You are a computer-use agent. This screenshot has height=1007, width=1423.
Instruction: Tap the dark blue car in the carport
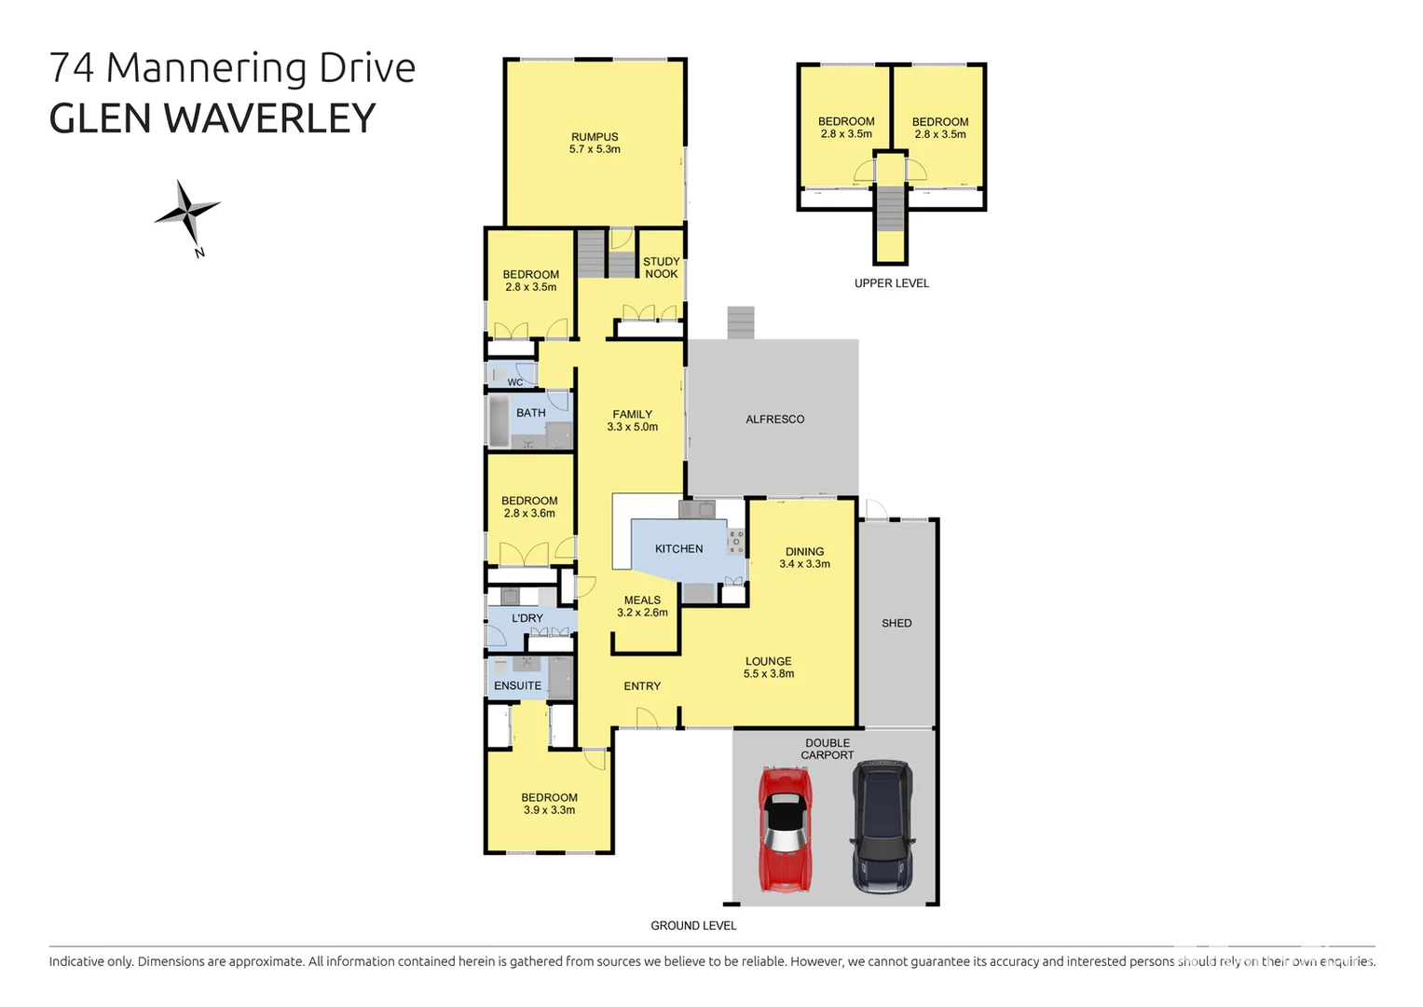(x=882, y=826)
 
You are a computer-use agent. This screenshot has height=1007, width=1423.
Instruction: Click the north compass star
(x=187, y=213)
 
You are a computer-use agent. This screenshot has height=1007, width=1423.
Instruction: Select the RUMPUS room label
(x=595, y=143)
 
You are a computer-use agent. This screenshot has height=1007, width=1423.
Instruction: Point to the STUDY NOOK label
(x=661, y=268)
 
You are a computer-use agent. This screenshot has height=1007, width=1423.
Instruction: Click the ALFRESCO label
(x=774, y=420)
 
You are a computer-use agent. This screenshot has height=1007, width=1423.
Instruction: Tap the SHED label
(x=896, y=623)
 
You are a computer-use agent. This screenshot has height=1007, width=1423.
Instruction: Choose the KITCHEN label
(x=678, y=549)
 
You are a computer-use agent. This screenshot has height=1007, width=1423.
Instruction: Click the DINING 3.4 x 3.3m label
(x=804, y=558)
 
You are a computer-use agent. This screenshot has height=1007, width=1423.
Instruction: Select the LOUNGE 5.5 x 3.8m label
(x=768, y=667)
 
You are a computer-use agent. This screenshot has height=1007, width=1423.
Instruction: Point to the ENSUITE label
(x=517, y=685)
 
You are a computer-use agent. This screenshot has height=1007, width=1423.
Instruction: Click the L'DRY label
(x=527, y=618)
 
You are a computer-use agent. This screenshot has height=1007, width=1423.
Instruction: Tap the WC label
(x=514, y=382)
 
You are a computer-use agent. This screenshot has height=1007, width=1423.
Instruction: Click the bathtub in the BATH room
(x=498, y=421)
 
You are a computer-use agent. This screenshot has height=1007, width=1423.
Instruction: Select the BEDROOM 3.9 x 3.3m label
(x=549, y=804)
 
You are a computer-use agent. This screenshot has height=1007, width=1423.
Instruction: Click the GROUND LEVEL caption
(x=693, y=926)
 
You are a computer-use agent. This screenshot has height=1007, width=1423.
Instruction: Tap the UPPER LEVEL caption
(x=891, y=283)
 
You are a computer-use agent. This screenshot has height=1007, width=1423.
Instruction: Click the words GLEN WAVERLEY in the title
(x=212, y=118)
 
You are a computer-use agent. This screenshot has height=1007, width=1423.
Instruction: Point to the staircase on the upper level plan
(x=891, y=210)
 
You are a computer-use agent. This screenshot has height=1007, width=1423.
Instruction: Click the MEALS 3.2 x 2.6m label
(x=642, y=606)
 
